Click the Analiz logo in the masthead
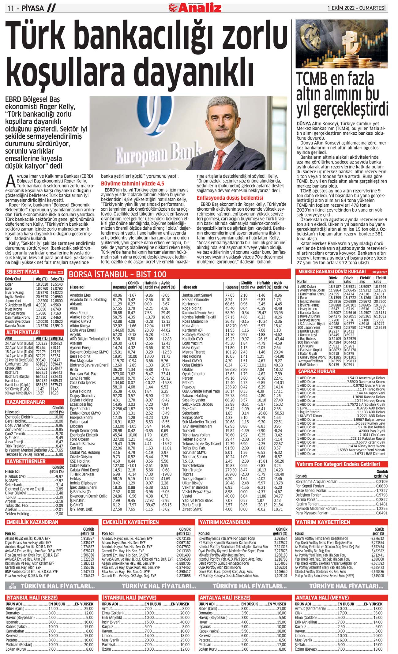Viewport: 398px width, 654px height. [x=195, y=7]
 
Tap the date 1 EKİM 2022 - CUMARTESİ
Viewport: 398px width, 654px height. [x=356, y=8]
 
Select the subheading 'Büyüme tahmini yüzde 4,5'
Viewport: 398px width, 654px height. [x=133, y=183]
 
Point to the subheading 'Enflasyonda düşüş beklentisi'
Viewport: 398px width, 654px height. [x=230, y=198]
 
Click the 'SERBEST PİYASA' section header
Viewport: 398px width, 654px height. [x=23, y=272]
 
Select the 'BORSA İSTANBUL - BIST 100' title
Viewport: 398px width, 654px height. [x=118, y=274]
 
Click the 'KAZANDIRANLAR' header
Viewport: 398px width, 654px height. [x=25, y=402]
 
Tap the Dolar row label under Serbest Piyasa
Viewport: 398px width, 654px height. [x=9, y=284]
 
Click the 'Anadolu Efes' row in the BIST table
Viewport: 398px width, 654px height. [x=80, y=295]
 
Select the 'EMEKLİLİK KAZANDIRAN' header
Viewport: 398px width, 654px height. [x=32, y=522]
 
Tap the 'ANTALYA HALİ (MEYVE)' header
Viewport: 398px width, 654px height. [x=322, y=598]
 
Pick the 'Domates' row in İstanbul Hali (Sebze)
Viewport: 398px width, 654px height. [x=13, y=613]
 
